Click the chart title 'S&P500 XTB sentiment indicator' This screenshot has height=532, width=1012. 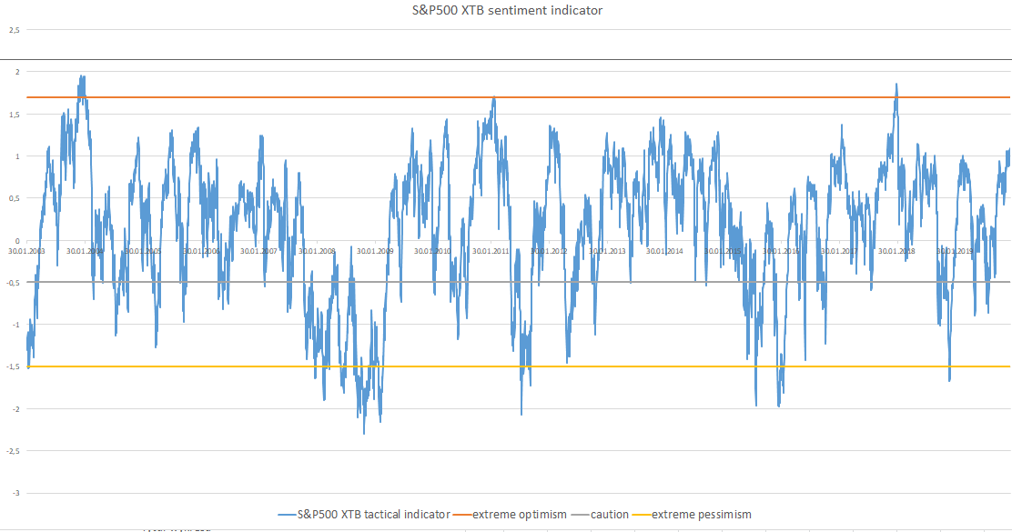coord(506,10)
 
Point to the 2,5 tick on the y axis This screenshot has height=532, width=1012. coord(14,30)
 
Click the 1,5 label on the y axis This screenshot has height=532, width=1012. coord(14,115)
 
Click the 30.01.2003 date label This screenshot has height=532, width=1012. coord(27,251)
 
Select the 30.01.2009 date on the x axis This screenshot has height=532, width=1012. coord(374,251)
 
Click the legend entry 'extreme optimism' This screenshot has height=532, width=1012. coord(519,515)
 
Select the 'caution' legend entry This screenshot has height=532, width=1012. coord(609,515)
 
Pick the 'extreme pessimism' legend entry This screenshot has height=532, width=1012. coord(701,515)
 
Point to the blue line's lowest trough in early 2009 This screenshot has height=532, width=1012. coord(364,433)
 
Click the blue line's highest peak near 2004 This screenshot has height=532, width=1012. coord(83,76)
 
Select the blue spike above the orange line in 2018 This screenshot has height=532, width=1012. coord(896,85)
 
